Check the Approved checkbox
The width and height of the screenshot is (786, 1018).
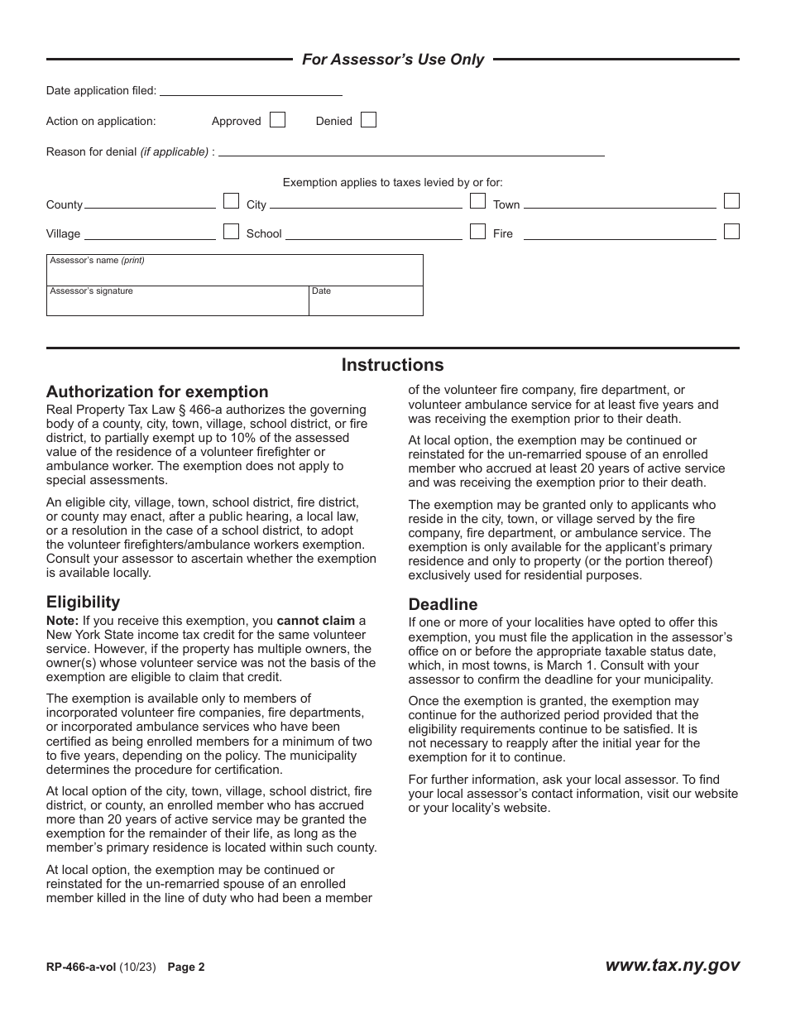278,120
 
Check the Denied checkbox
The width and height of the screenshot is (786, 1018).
368,120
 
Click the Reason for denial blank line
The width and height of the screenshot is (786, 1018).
411,151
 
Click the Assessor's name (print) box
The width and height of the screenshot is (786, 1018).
235,271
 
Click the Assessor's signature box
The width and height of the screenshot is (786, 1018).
178,302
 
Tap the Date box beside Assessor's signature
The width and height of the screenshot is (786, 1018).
366,302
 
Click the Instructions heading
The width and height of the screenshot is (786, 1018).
392,365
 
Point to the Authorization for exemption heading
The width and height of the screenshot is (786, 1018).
157,392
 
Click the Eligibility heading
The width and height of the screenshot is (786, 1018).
83,602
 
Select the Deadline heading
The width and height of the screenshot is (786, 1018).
443,604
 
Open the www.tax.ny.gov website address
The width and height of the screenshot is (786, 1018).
672,965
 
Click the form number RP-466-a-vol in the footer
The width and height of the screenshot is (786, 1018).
81,966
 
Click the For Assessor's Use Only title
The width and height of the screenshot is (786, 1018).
393,60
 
